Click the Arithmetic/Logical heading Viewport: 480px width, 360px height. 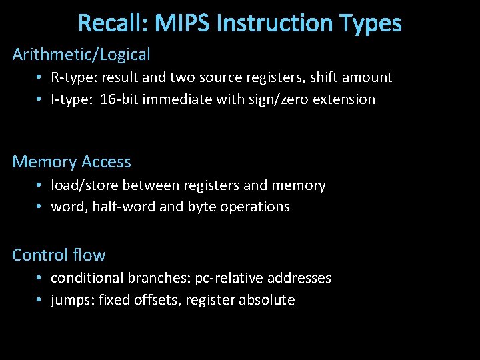click(81, 55)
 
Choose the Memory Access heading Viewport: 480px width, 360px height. click(72, 162)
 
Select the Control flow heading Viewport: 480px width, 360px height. click(59, 255)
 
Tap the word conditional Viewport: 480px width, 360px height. click(84, 278)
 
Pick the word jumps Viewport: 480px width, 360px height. click(72, 301)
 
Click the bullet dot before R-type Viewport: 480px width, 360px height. click(40, 77)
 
